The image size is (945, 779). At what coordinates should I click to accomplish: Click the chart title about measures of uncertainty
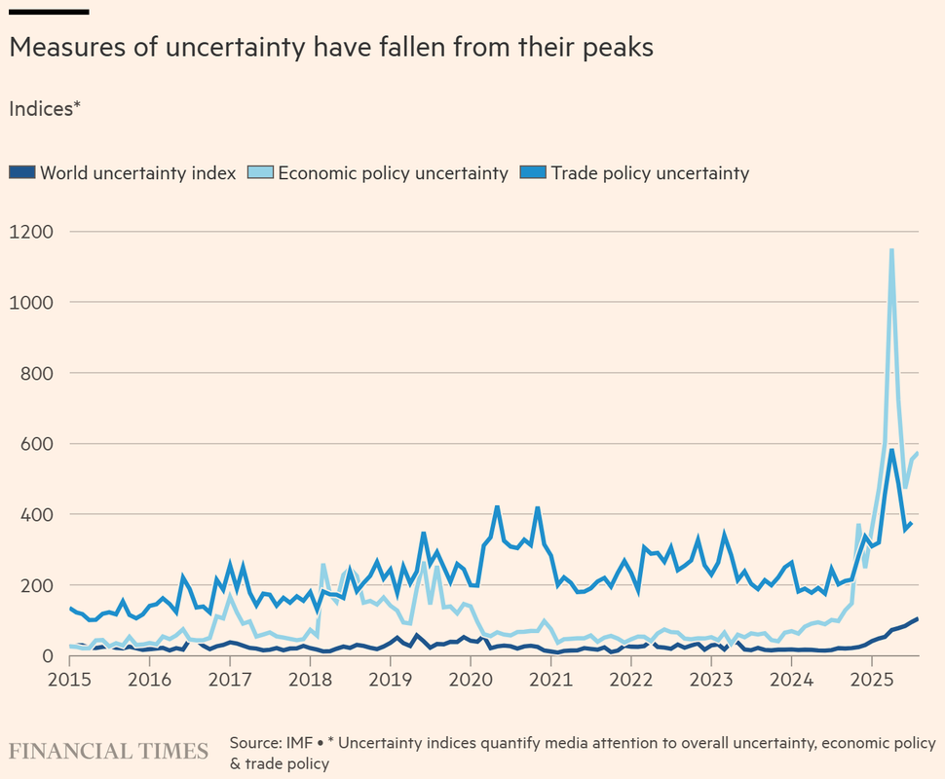point(330,47)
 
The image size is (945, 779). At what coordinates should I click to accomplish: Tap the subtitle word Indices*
point(44,109)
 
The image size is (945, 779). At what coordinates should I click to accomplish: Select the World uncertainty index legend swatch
point(21,173)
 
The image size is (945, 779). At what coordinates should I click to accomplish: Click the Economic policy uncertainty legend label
point(393,173)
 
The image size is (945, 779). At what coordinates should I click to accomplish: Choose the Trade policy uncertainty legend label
point(650,173)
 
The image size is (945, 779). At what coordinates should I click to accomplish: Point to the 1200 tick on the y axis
point(31,232)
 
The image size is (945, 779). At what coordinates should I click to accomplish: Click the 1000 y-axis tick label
point(31,303)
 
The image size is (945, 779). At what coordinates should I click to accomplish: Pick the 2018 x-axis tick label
point(309,677)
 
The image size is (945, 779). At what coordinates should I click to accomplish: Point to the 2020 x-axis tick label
point(470,677)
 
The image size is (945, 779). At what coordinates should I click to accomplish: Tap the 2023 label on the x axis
point(711,677)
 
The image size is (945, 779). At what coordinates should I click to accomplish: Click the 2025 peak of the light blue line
point(891,250)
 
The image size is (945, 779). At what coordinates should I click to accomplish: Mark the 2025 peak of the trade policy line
point(891,450)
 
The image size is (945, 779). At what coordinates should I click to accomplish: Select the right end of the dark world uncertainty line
point(917,619)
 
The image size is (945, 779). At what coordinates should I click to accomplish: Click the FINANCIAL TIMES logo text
point(109,752)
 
